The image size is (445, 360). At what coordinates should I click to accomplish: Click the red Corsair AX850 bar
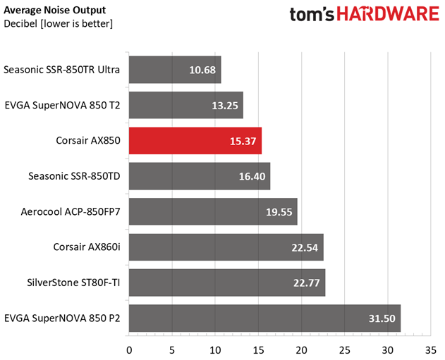pyautogui.click(x=195, y=140)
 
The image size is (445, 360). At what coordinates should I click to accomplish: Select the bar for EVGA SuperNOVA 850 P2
pyautogui.click(x=264, y=318)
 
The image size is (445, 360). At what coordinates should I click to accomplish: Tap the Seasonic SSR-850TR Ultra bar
pyautogui.click(x=175, y=70)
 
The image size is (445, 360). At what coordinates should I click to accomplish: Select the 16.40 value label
pyautogui.click(x=252, y=176)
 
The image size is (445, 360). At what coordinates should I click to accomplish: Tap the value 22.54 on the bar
pyautogui.click(x=305, y=247)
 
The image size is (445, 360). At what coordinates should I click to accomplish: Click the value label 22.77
pyautogui.click(x=307, y=283)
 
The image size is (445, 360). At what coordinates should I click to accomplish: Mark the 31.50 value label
pyautogui.click(x=382, y=318)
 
